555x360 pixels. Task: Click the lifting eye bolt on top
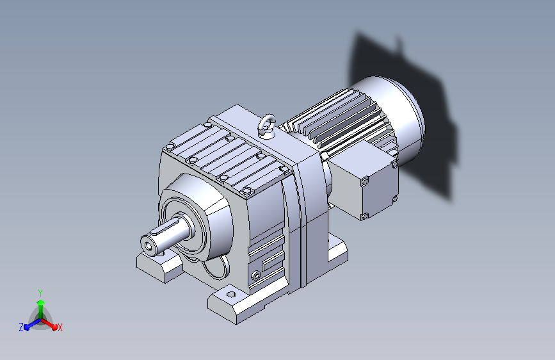tap(267, 125)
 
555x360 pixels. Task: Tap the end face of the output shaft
tap(149, 244)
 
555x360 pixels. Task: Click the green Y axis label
tap(40, 293)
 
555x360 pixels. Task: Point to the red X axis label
tap(60, 328)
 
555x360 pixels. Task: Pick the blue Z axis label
tap(21, 327)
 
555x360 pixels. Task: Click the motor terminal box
tap(364, 179)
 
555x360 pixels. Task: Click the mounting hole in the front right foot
tap(231, 294)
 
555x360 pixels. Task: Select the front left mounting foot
tap(159, 265)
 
